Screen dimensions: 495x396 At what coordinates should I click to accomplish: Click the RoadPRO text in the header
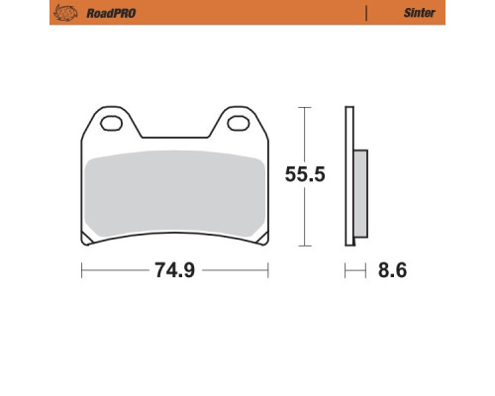pos(111,13)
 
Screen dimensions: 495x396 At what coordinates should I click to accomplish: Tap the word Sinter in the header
pos(419,13)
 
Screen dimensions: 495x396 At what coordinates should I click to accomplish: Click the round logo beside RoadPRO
pos(65,13)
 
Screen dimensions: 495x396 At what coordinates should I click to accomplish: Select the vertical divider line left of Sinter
pos(366,13)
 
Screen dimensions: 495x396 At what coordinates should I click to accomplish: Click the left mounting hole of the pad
pos(111,123)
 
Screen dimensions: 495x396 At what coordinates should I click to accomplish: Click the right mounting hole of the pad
pos(238,123)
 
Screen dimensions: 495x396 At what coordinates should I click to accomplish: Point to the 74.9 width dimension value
pos(175,270)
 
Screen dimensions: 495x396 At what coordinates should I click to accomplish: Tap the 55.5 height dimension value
pos(305,174)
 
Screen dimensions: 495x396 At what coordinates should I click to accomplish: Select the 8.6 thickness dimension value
pos(392,270)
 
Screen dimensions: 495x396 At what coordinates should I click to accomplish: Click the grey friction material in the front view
pos(174,193)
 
